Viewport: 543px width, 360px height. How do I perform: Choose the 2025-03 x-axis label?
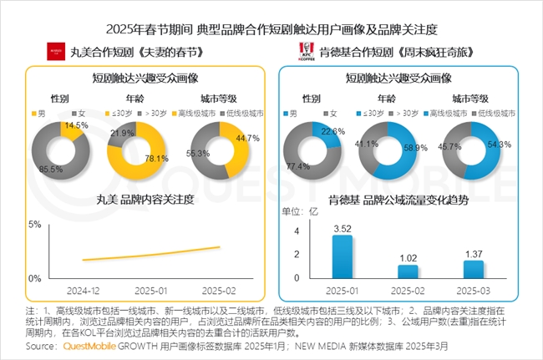(473, 291)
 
